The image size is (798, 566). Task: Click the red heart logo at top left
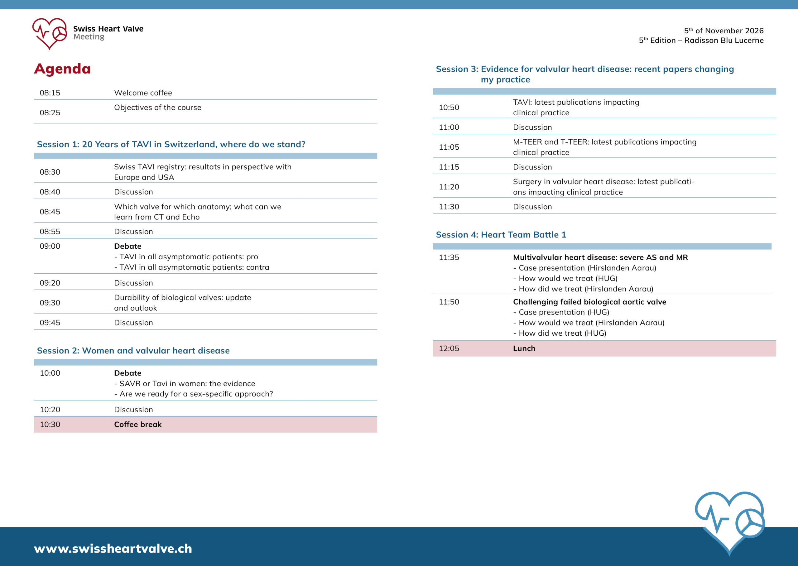(x=50, y=33)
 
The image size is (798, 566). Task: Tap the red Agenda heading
(x=62, y=69)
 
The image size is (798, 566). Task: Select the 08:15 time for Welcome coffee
(x=50, y=93)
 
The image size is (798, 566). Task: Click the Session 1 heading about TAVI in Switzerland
(x=171, y=144)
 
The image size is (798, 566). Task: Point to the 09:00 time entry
(x=50, y=246)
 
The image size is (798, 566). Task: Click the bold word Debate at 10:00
(x=127, y=373)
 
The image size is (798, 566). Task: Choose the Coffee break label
(x=138, y=424)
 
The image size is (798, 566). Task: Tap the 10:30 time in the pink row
(x=50, y=424)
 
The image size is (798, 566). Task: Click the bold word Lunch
(x=524, y=348)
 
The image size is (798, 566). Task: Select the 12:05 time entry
(x=449, y=348)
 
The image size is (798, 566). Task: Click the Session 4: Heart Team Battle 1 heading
(x=501, y=235)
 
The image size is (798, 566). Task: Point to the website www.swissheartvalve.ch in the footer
(x=113, y=549)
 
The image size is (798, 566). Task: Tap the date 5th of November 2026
(x=723, y=31)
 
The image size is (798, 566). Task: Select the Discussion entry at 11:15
(x=532, y=167)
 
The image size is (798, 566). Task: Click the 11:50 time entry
(x=449, y=302)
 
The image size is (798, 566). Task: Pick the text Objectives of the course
(x=157, y=107)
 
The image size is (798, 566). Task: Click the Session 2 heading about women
(x=133, y=351)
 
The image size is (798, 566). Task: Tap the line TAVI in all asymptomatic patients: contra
(x=194, y=267)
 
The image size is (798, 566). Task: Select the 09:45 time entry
(x=50, y=322)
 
